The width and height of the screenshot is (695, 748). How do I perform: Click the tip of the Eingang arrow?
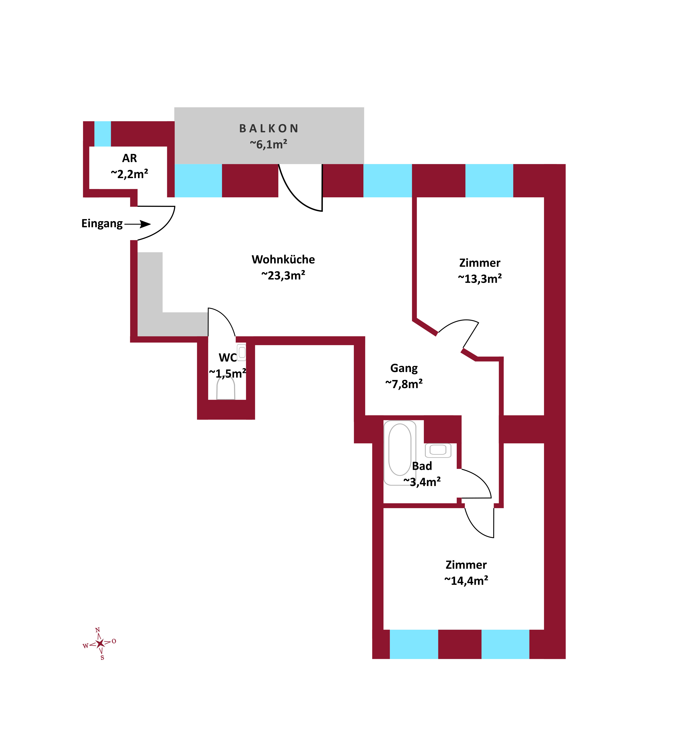coord(151,224)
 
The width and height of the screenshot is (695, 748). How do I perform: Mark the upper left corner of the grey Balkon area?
coord(174,108)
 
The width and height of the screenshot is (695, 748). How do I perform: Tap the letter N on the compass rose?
coord(97,630)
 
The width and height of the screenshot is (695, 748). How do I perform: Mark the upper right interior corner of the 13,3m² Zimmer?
coord(544,197)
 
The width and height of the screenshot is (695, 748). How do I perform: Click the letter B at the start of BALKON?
coord(243,129)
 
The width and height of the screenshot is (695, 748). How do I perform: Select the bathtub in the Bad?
coord(399,453)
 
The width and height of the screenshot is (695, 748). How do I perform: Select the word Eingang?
coord(102,224)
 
